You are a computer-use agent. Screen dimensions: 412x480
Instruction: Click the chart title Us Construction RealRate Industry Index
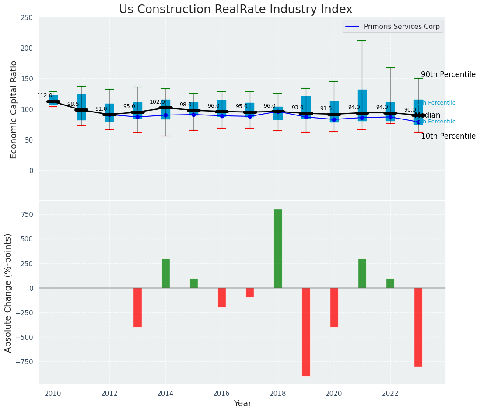[235, 10]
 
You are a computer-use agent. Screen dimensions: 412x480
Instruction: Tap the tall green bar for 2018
[278, 248]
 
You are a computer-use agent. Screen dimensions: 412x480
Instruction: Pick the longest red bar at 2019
[306, 332]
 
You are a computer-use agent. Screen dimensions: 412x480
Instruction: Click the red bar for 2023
[418, 327]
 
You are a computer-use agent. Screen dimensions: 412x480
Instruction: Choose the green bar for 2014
[166, 273]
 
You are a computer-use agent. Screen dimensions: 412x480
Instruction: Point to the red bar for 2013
[137, 307]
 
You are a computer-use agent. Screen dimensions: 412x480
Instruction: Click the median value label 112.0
[45, 95]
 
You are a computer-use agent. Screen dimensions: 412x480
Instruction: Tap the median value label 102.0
[157, 102]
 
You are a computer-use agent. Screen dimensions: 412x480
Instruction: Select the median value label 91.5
[326, 108]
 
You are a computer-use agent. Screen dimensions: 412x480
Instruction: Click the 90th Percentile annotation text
[448, 74]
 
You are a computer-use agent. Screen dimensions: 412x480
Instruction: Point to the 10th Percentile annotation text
[448, 136]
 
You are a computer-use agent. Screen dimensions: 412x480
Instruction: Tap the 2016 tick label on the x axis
[222, 393]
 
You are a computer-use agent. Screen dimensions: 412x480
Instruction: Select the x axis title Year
[242, 404]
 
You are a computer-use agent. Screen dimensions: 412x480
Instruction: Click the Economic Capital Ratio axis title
[14, 109]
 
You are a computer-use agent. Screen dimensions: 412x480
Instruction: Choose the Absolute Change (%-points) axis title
[8, 293]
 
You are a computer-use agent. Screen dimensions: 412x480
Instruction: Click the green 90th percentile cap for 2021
[362, 41]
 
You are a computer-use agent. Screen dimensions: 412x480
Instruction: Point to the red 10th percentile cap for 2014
[165, 136]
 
